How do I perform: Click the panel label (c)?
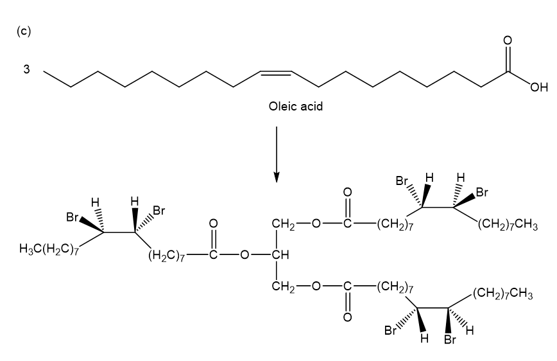tap(24, 31)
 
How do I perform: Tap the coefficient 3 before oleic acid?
tap(27, 69)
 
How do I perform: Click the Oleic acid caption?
tap(296, 107)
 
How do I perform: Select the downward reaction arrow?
tap(277, 154)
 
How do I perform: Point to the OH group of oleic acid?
tap(539, 87)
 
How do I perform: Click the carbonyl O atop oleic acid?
tap(508, 40)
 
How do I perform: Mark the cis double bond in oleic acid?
tap(276, 74)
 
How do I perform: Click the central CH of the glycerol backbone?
tap(280, 254)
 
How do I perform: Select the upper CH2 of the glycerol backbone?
tap(283, 224)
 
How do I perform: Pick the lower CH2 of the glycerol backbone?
tap(283, 286)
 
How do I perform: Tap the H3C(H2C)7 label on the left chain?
tap(49, 249)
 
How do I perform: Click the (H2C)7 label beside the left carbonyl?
tap(167, 256)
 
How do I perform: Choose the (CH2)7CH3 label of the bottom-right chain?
tap(502, 294)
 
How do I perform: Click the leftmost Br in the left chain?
tap(73, 217)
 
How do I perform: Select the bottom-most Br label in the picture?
tap(450, 339)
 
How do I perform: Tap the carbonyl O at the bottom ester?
tap(347, 316)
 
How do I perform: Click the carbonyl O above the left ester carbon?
tap(213, 224)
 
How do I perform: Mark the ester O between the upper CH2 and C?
tap(316, 224)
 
